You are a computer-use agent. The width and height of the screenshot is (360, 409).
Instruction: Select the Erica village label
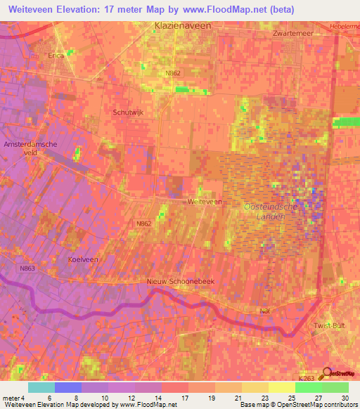click(x=56, y=55)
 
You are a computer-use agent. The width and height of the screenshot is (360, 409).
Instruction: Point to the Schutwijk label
click(x=127, y=112)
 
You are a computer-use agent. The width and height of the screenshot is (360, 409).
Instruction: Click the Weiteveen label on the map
click(x=205, y=201)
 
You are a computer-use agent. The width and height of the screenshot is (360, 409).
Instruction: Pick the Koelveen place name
click(x=82, y=259)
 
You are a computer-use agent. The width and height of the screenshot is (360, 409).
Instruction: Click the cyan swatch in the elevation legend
click(x=41, y=387)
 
